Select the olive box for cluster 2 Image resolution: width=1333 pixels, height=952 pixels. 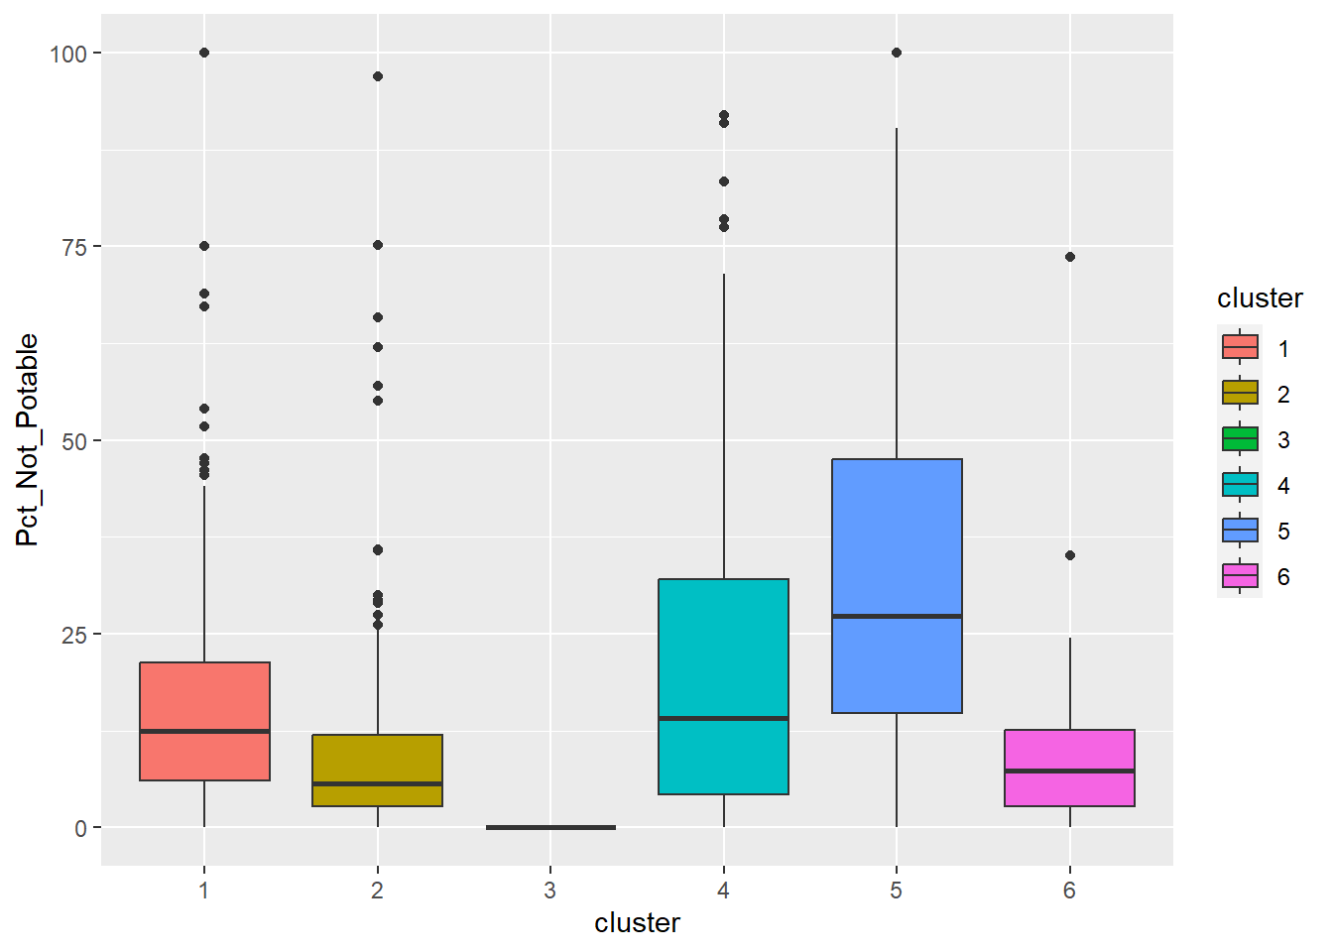click(377, 770)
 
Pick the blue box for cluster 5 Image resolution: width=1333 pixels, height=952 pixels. click(897, 585)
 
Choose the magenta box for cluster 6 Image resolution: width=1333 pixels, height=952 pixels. click(1069, 768)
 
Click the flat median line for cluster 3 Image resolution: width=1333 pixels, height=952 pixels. click(550, 827)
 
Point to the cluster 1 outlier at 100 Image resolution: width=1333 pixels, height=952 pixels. click(204, 53)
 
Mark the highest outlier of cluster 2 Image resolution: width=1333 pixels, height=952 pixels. click(378, 76)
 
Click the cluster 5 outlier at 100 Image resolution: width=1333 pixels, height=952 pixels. click(897, 53)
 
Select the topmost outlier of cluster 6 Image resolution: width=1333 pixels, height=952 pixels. click(1070, 257)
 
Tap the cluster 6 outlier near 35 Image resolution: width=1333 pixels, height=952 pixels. click(1070, 555)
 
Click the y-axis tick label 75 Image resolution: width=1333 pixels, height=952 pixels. click(75, 247)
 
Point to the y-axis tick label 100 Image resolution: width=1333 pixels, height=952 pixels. click(68, 54)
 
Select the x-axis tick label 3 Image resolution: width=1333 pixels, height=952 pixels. click(550, 891)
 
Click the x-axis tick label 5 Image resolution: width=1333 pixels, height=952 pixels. click(897, 891)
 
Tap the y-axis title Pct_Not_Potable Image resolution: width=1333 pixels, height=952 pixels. click(28, 439)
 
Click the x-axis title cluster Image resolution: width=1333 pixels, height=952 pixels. click(637, 923)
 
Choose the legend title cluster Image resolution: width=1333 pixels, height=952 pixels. click(1260, 298)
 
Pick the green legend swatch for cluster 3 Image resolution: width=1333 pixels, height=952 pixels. click(1240, 439)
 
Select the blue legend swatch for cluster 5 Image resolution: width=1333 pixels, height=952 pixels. click(1240, 531)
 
